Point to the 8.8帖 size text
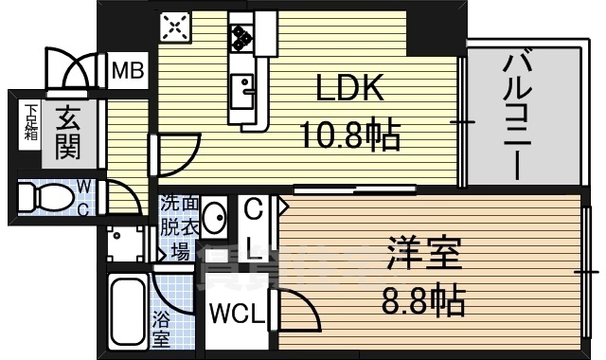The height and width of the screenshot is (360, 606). click(423, 301)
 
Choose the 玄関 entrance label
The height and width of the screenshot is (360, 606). click(66, 132)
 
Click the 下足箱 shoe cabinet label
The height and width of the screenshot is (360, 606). click(31, 120)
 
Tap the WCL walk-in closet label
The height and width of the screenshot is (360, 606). click(237, 314)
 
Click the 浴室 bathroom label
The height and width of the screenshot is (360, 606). click(160, 328)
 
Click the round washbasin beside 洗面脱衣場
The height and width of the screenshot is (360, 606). click(214, 218)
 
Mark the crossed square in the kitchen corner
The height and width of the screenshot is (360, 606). click(176, 27)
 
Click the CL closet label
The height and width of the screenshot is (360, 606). click(254, 228)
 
